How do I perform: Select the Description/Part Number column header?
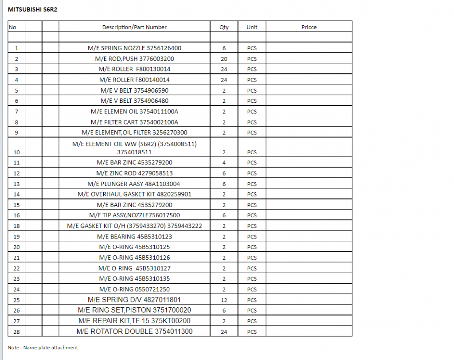coord(134,27)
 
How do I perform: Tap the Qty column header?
coord(224,27)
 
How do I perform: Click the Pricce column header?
coord(309,27)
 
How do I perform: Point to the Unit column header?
coord(252,27)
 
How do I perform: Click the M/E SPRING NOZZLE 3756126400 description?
coord(134,48)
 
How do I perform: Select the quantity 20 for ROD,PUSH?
coord(224,59)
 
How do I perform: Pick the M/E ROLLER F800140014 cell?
coord(134,80)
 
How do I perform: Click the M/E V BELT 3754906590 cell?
coord(134,90)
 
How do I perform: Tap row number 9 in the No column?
coord(16,133)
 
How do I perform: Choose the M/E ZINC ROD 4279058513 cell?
coord(134,173)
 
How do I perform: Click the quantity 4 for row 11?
coord(224,163)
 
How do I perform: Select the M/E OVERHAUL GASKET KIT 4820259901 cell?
coord(134,194)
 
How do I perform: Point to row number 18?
coord(16,226)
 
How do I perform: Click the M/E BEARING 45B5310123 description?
coord(134,237)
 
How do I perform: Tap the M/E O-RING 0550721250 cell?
coord(134,290)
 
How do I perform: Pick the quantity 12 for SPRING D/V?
coord(224,300)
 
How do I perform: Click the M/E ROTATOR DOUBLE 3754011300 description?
coord(134,332)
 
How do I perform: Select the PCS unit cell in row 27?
coord(252,321)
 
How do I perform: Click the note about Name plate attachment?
coord(43,348)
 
